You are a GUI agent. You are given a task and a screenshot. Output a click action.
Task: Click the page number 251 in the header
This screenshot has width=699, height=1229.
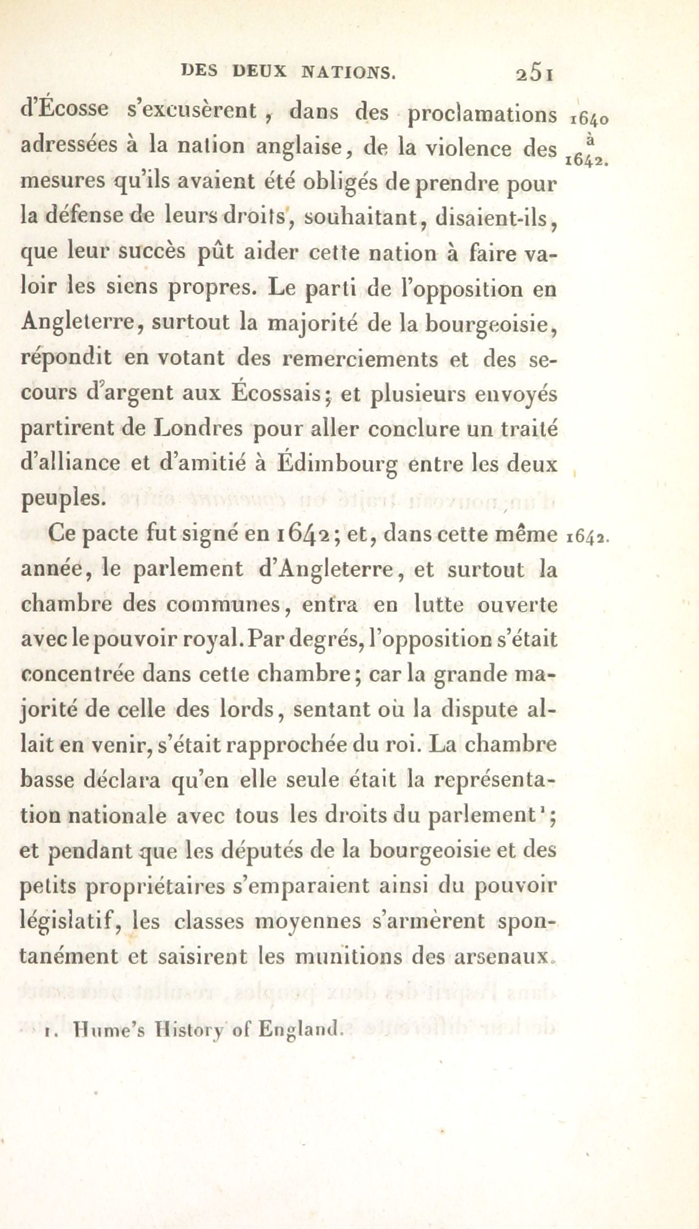click(534, 74)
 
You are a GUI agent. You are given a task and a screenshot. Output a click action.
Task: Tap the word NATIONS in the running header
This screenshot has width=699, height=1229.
click(348, 72)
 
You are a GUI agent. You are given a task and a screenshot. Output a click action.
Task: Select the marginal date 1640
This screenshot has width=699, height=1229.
click(589, 119)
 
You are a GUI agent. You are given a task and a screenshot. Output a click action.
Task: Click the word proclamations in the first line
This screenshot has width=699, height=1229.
click(482, 114)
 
